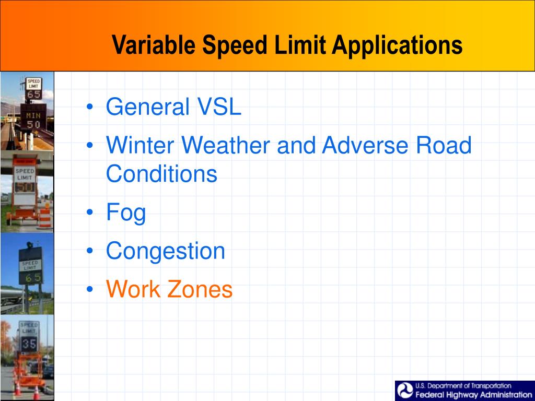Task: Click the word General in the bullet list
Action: (147, 108)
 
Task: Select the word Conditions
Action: (161, 173)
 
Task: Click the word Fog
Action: (126, 213)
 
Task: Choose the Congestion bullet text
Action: (165, 251)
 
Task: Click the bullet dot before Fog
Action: (91, 213)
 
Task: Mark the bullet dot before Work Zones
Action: (91, 289)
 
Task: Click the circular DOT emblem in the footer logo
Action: (405, 391)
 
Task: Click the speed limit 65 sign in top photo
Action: (33, 89)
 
